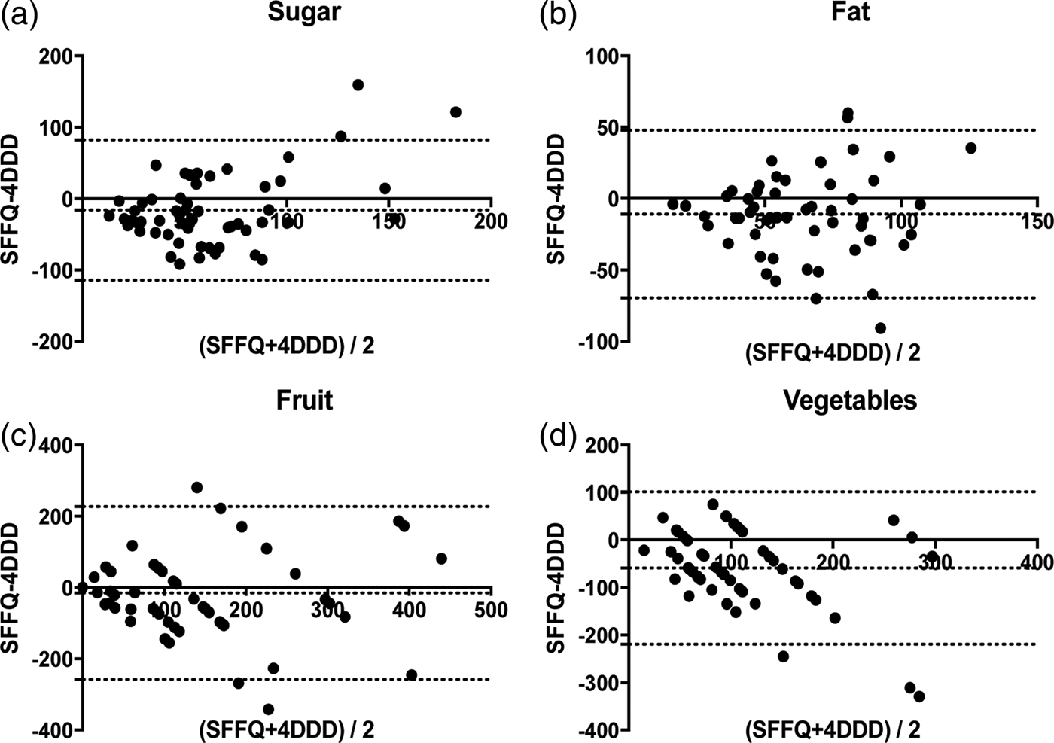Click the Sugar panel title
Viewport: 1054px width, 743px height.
[304, 12]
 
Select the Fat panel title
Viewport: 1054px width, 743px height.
[851, 12]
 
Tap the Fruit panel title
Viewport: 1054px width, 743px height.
[304, 400]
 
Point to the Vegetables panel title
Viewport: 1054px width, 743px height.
[850, 400]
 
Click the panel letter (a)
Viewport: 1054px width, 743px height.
[20, 15]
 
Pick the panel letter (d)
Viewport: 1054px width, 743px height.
[558, 437]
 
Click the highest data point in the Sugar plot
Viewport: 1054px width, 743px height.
[358, 85]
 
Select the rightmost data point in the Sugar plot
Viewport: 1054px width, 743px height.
[455, 112]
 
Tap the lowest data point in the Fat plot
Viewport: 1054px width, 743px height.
[880, 328]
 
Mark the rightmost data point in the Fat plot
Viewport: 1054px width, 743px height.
[970, 148]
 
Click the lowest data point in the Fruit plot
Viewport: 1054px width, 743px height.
[268, 709]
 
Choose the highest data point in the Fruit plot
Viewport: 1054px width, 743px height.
[196, 488]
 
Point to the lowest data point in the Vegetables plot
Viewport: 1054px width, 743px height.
[919, 696]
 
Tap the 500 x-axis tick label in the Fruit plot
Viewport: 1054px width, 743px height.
[491, 610]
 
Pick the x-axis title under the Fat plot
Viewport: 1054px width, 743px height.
[833, 352]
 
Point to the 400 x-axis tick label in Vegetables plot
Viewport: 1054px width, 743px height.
[1037, 562]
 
